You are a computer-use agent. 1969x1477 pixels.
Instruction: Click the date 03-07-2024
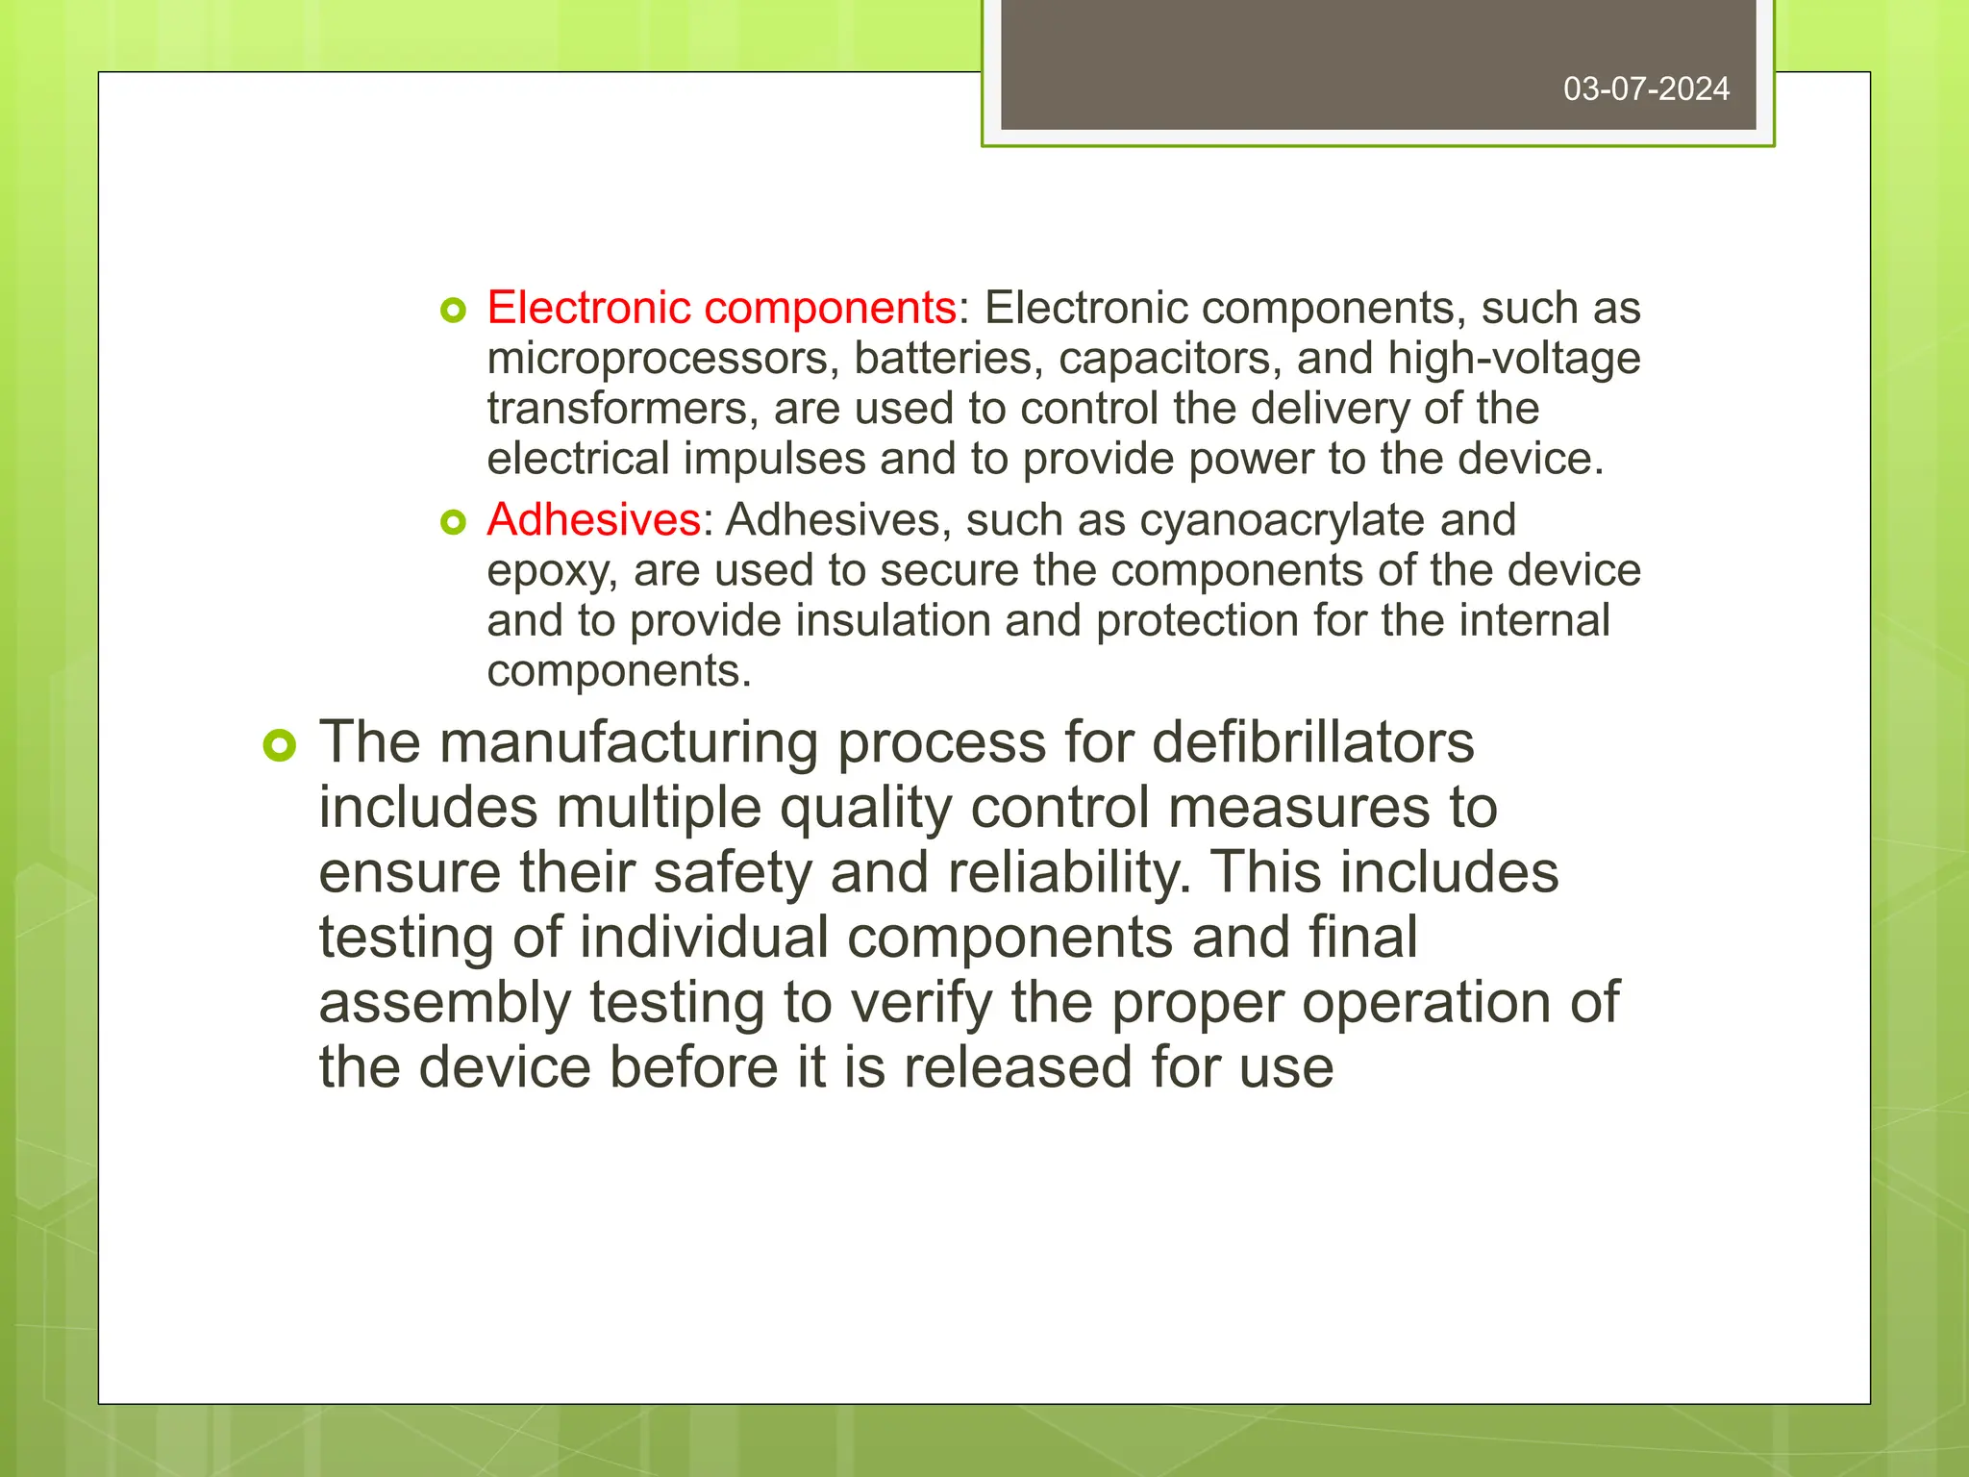[x=1646, y=89]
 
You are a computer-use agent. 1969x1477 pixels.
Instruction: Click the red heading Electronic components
[x=721, y=309]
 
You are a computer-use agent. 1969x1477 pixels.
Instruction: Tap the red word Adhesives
[x=593, y=520]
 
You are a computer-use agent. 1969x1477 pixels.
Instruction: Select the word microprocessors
[x=658, y=359]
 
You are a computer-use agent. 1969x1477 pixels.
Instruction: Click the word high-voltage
[x=1513, y=359]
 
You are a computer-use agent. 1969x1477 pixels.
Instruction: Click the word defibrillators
[x=1312, y=742]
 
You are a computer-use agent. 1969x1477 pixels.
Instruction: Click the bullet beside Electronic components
[x=453, y=310]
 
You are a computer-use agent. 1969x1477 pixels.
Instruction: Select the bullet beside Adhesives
[x=453, y=522]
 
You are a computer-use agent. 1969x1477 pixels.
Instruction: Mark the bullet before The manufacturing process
[x=280, y=745]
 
